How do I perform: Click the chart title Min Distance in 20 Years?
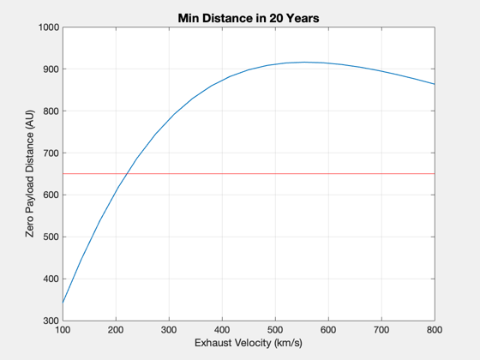click(249, 18)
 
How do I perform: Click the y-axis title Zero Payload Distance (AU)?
click(30, 173)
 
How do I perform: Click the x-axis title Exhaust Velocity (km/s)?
click(249, 343)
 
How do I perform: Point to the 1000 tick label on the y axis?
click(49, 27)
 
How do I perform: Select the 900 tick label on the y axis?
click(51, 69)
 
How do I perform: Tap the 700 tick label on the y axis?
click(51, 153)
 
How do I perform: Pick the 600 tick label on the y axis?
click(51, 195)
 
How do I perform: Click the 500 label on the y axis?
click(51, 237)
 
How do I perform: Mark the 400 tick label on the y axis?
click(51, 279)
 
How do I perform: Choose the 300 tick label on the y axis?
click(51, 321)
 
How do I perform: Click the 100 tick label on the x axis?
click(63, 330)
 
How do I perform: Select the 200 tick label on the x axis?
click(116, 330)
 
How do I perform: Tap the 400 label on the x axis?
click(222, 330)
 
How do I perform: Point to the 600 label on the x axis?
click(328, 330)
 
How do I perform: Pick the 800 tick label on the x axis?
click(435, 330)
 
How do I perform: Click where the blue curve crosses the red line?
click(128, 173)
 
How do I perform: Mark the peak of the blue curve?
click(304, 62)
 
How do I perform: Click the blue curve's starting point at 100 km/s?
click(63, 303)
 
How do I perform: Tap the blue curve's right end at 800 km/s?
click(435, 84)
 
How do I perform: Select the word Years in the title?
click(303, 18)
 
